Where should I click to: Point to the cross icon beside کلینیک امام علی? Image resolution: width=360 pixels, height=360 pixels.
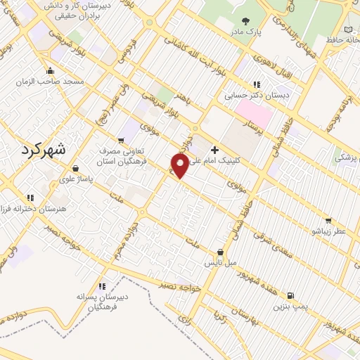[x=214, y=150]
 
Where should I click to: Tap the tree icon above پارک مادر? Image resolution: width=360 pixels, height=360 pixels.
[x=245, y=22]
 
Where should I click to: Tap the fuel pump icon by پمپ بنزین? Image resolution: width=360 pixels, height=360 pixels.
[x=292, y=295]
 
